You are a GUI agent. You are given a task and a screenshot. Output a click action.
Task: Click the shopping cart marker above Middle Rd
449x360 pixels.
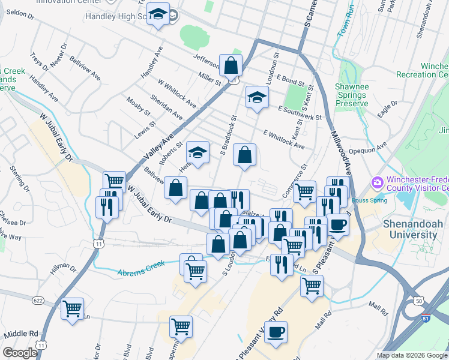pos(73,310)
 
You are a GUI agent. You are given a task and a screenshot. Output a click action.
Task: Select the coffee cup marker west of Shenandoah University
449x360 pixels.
pos(337,225)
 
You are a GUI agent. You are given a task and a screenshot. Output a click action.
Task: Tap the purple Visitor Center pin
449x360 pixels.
pos(378,182)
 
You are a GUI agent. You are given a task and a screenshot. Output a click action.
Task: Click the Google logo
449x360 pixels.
pos(20,352)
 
